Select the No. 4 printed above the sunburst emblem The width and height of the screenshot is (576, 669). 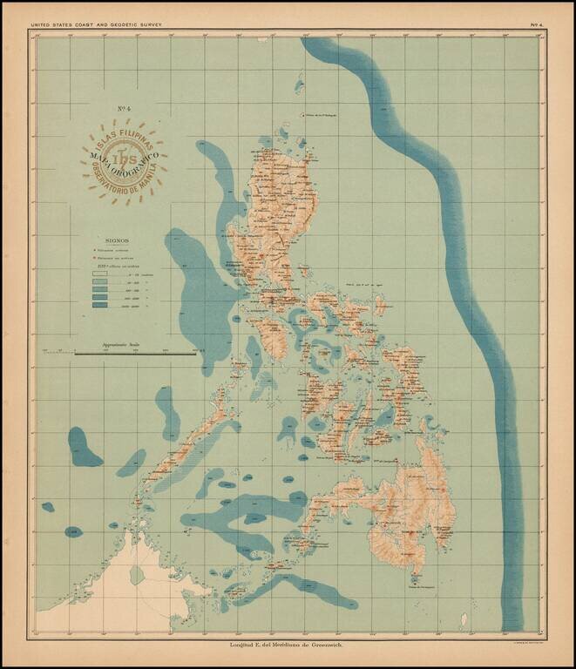[125, 109]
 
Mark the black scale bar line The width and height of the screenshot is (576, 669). [135, 354]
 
